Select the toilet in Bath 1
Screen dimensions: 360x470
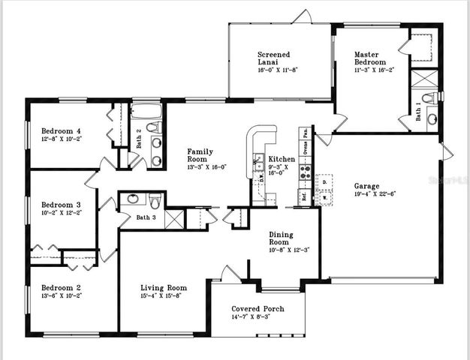pos(429,97)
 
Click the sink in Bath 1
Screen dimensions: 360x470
pos(432,118)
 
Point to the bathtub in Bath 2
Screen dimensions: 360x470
pos(146,112)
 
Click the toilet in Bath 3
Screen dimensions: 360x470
pos(154,200)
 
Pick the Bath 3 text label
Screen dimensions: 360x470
pos(146,218)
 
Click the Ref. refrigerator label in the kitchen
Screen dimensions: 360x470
pos(304,197)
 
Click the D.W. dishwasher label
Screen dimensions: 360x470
pos(261,178)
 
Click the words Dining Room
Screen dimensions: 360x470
pos(279,238)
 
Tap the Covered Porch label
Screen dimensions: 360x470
pos(255,307)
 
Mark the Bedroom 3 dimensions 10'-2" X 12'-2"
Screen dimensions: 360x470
pos(61,213)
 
